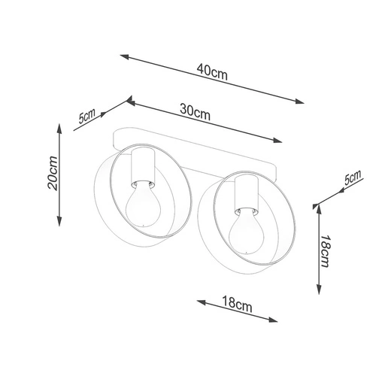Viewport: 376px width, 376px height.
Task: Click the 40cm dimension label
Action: click(213, 72)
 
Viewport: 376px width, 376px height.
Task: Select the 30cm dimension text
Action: click(195, 112)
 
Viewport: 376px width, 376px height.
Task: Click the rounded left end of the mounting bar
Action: click(115, 138)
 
